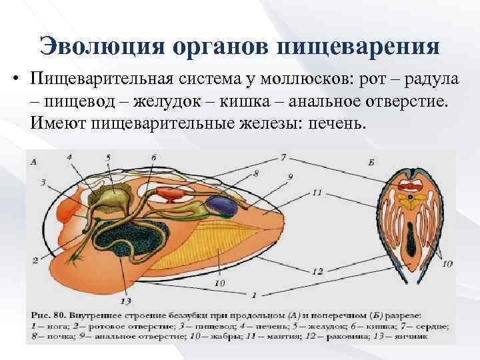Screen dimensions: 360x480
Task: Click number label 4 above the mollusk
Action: (x=69, y=157)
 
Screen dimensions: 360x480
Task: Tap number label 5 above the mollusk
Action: (x=107, y=157)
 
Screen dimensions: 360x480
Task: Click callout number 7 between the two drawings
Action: (x=283, y=158)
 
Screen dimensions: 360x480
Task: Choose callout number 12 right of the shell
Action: (x=318, y=271)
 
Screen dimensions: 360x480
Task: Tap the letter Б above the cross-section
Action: (x=371, y=162)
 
